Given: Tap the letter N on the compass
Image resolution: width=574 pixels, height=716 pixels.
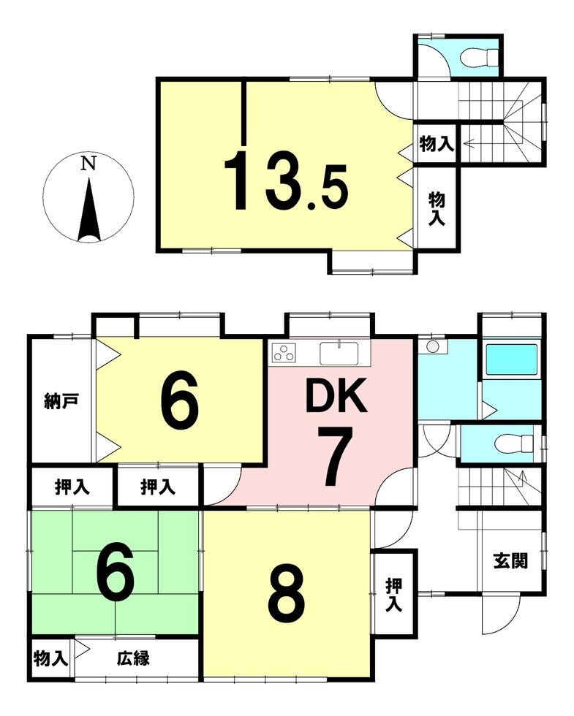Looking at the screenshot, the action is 88,164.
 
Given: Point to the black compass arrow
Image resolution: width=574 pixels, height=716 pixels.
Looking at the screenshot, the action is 89,210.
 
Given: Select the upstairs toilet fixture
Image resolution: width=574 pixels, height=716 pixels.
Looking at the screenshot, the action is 477,58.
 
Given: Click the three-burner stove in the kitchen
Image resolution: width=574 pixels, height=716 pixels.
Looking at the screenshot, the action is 284,352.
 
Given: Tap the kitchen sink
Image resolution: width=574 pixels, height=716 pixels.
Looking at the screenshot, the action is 339,353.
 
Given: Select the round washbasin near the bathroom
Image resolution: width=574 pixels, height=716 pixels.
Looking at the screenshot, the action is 432,346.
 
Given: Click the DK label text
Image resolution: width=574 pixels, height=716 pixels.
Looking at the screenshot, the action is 336,395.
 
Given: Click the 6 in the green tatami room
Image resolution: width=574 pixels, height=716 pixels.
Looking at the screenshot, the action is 115,571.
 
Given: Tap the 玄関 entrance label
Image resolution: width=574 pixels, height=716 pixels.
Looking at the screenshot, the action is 510,561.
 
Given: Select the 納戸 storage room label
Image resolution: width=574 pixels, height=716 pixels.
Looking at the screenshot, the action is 61,401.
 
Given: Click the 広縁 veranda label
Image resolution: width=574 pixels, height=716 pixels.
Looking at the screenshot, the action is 133,658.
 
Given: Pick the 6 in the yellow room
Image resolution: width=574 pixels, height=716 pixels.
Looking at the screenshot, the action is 179,401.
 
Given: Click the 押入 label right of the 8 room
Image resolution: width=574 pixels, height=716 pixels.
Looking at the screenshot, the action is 393,595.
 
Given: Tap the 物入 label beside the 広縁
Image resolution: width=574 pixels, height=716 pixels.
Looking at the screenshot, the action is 50,659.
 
